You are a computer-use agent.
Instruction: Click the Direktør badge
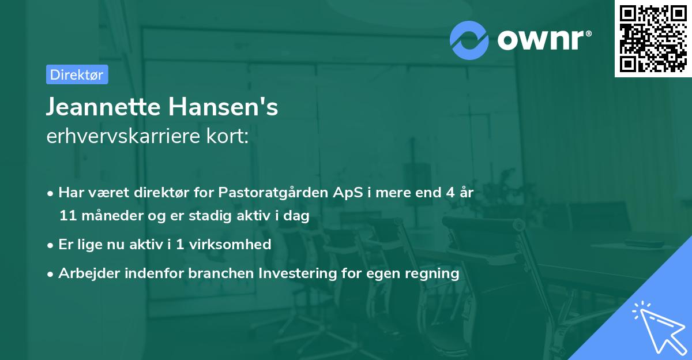[77, 74]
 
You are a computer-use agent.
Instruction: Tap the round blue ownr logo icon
[470, 40]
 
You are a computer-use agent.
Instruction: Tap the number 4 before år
[450, 193]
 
